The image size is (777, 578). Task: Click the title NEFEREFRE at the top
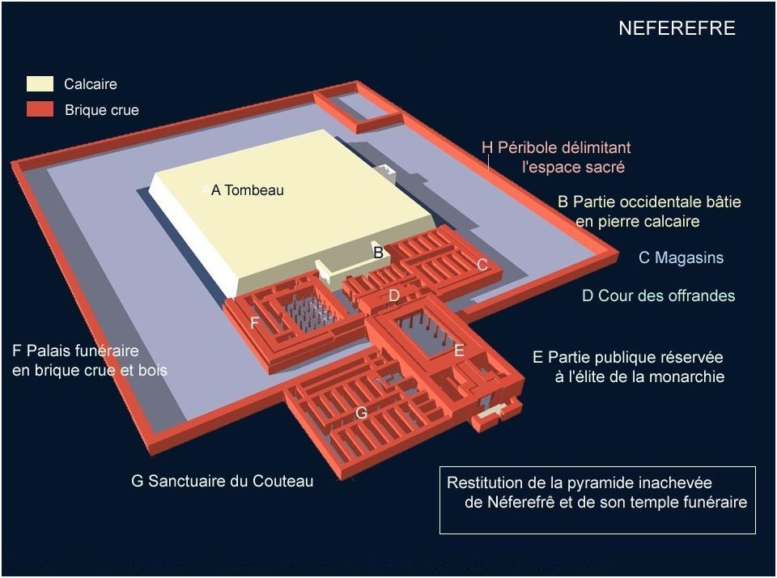coord(676,28)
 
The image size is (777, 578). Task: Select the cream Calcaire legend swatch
coord(40,84)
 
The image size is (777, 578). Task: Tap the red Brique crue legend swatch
coord(40,109)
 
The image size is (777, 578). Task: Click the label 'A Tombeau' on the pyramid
coord(247,190)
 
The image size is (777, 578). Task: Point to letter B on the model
coord(378,253)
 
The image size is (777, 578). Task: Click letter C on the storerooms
coord(482,265)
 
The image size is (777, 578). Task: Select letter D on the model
coord(393,296)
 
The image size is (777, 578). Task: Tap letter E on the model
coord(458,351)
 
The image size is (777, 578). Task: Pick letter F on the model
coord(254,323)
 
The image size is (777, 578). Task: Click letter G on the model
coord(362,413)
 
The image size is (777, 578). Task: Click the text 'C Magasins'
coord(681,258)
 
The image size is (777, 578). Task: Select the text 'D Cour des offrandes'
coord(658,295)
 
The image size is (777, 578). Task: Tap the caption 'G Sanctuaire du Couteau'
coord(222,481)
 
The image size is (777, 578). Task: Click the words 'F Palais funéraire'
coord(75,351)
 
